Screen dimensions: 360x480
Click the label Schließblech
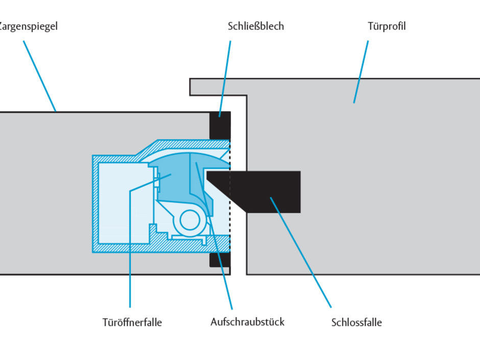point(255,26)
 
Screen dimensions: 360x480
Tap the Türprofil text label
point(386,26)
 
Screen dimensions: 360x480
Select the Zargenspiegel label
point(28,26)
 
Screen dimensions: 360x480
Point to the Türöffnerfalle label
point(132,322)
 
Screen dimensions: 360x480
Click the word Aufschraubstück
point(247,322)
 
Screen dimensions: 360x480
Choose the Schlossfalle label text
point(356,322)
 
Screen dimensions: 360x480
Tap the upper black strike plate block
point(220,125)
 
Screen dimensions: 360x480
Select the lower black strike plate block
point(220,259)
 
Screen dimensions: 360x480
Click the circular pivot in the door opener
point(190,221)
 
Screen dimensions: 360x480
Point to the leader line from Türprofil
point(361,71)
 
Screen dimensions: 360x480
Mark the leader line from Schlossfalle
point(301,253)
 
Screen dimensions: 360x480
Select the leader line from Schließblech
point(225,77)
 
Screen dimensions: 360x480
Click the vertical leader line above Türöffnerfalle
point(130,255)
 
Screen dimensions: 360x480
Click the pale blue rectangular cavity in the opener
point(123,202)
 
